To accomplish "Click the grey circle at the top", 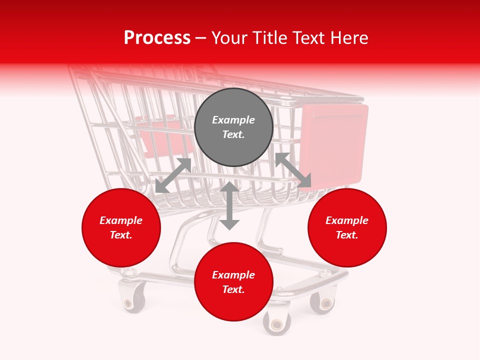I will pyautogui.click(x=233, y=127).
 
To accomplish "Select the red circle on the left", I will pyautogui.click(x=121, y=228).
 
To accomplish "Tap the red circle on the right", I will pyautogui.click(x=347, y=228).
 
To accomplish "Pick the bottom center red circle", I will pyautogui.click(x=233, y=282).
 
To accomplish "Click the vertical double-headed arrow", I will pyautogui.click(x=229, y=205).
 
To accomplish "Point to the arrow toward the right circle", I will pyautogui.click(x=293, y=170).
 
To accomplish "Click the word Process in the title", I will pyautogui.click(x=157, y=37).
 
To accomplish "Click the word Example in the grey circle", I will pyautogui.click(x=233, y=120).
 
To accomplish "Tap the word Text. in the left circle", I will pyautogui.click(x=121, y=235).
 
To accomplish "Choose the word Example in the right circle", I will pyautogui.click(x=347, y=220).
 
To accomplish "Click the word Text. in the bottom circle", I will pyautogui.click(x=233, y=289).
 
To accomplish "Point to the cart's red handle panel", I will pyautogui.click(x=334, y=145).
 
